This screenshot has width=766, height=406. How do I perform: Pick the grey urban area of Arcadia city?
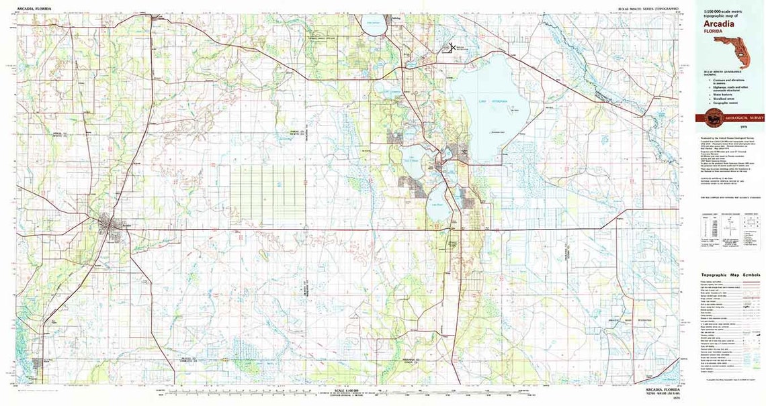coord(110,224)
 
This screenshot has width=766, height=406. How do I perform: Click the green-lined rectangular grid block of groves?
coord(267,195)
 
